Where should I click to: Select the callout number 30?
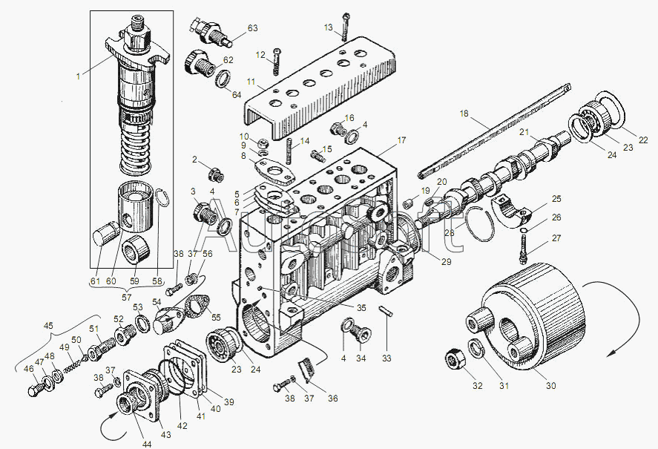[x=550, y=385]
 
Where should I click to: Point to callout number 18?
[x=464, y=114]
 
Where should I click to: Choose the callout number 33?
[x=386, y=358]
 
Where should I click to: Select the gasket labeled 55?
[x=197, y=306]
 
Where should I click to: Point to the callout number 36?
[x=333, y=399]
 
